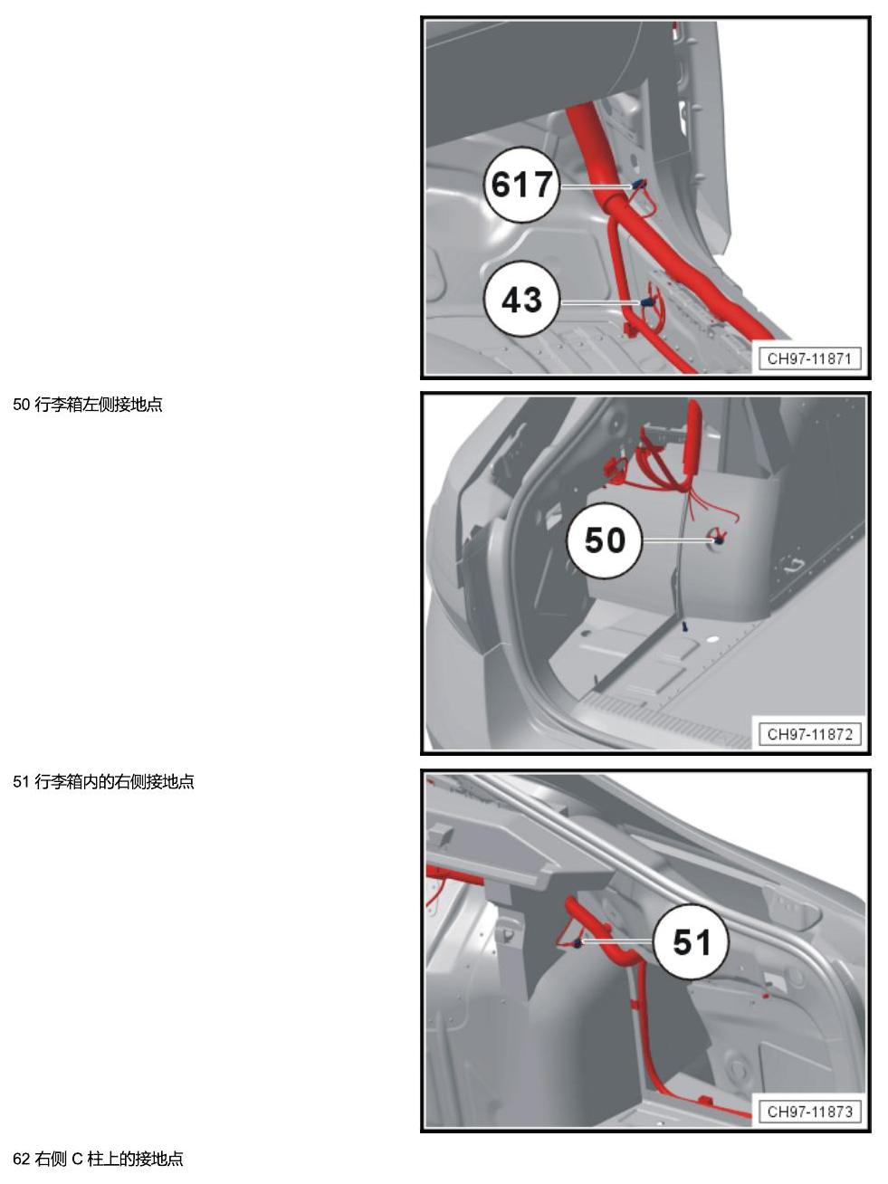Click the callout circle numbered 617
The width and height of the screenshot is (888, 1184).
tap(520, 185)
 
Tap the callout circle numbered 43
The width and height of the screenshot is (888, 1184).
tap(521, 300)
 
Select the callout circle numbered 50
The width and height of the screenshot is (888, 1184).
tap(604, 540)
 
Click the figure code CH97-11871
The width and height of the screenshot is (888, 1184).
tap(809, 358)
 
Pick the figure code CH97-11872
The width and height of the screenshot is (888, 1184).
tap(809, 734)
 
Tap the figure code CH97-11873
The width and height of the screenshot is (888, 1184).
tap(809, 1112)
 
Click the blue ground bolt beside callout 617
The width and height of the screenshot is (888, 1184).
tap(639, 184)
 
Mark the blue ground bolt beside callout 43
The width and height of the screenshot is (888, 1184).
tap(646, 302)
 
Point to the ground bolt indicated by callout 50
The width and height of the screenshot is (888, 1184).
tap(718, 539)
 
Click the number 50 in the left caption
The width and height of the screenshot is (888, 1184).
tap(21, 405)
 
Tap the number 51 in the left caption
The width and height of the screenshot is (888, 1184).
tap(21, 781)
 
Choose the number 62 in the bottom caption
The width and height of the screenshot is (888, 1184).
tap(21, 1159)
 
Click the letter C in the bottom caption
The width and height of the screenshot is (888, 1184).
tap(77, 1159)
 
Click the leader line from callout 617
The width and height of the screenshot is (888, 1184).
tap(596, 186)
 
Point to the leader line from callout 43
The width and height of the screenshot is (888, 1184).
tap(600, 302)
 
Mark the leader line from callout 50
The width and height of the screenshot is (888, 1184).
tap(678, 539)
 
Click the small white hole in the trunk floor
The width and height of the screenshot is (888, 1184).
tap(711, 642)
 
